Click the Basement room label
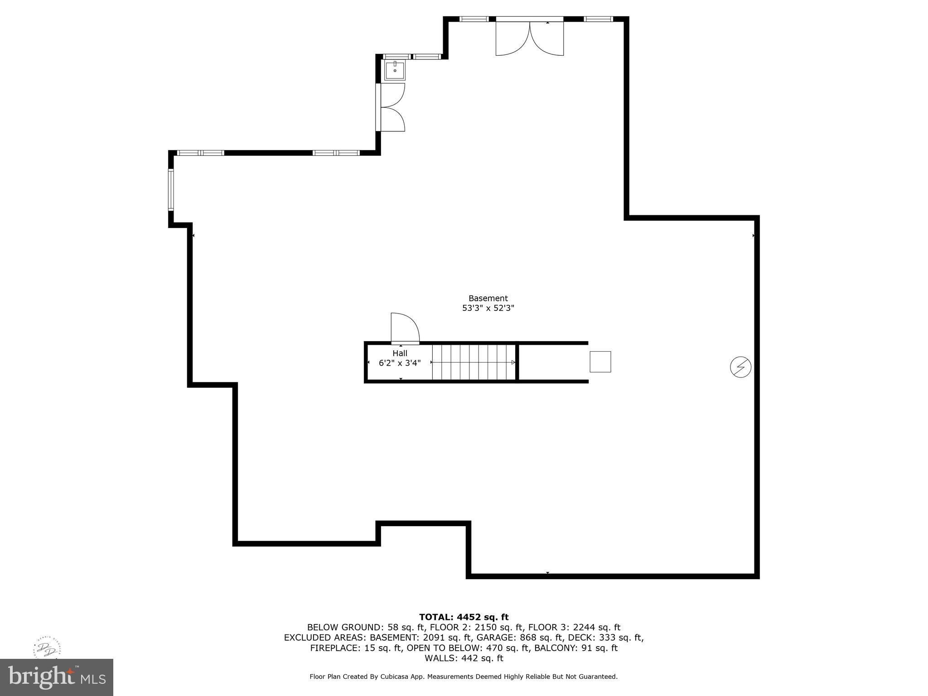(x=488, y=298)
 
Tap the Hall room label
(x=400, y=353)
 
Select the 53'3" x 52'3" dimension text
(x=488, y=308)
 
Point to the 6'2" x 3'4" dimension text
(x=400, y=363)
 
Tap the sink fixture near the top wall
(x=395, y=71)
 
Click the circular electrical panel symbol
(x=740, y=367)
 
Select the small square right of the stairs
(x=600, y=362)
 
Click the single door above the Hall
(x=405, y=328)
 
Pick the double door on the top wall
(x=530, y=38)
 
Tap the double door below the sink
(x=391, y=107)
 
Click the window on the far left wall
(x=171, y=190)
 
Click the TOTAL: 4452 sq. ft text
(x=464, y=617)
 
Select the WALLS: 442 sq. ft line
(x=464, y=658)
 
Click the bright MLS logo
(x=56, y=677)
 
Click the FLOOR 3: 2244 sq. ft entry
(x=574, y=627)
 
